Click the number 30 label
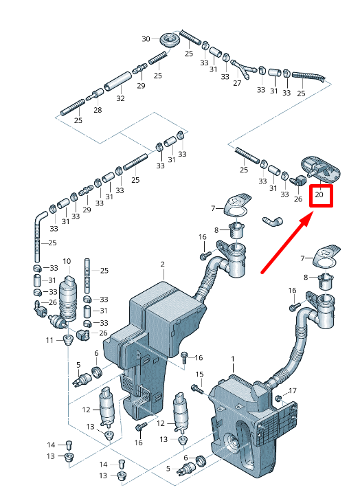tap(146, 38)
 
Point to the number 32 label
tap(120, 98)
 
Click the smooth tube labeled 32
tap(117, 82)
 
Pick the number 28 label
tap(98, 110)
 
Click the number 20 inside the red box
tap(319, 194)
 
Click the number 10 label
tap(67, 261)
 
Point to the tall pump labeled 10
tap(68, 298)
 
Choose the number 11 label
tap(49, 340)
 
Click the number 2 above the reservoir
tap(163, 265)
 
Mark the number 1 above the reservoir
tap(233, 359)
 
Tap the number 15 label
tap(199, 375)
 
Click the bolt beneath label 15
tap(196, 389)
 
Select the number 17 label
tap(293, 391)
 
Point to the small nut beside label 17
tap(278, 399)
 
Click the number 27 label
tap(237, 83)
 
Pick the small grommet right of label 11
tap(67, 339)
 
